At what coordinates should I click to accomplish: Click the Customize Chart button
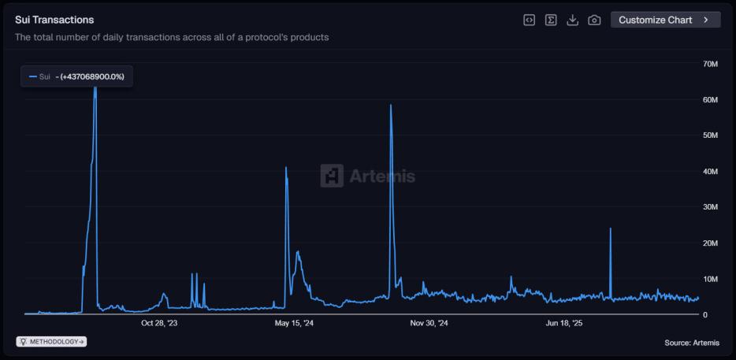click(x=665, y=20)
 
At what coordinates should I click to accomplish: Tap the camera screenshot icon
click(x=595, y=20)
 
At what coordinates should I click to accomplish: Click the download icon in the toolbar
click(x=573, y=20)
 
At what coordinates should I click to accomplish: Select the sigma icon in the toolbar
click(x=552, y=20)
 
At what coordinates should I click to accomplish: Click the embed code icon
click(x=530, y=20)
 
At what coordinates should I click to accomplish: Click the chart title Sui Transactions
click(x=54, y=20)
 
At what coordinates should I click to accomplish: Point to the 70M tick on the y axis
click(x=709, y=64)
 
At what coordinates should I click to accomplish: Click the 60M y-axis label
click(x=709, y=100)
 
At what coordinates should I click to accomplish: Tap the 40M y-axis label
click(x=709, y=172)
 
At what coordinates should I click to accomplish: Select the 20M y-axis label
click(x=709, y=243)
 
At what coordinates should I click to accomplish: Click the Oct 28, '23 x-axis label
click(x=159, y=323)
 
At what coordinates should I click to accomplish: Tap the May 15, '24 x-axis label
click(x=294, y=323)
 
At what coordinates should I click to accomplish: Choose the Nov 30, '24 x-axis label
click(x=429, y=323)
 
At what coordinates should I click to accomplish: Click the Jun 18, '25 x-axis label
click(x=563, y=323)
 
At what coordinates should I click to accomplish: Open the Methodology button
click(x=52, y=342)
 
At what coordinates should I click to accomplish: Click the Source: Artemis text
click(x=692, y=343)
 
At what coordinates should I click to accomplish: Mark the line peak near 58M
click(x=391, y=105)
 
